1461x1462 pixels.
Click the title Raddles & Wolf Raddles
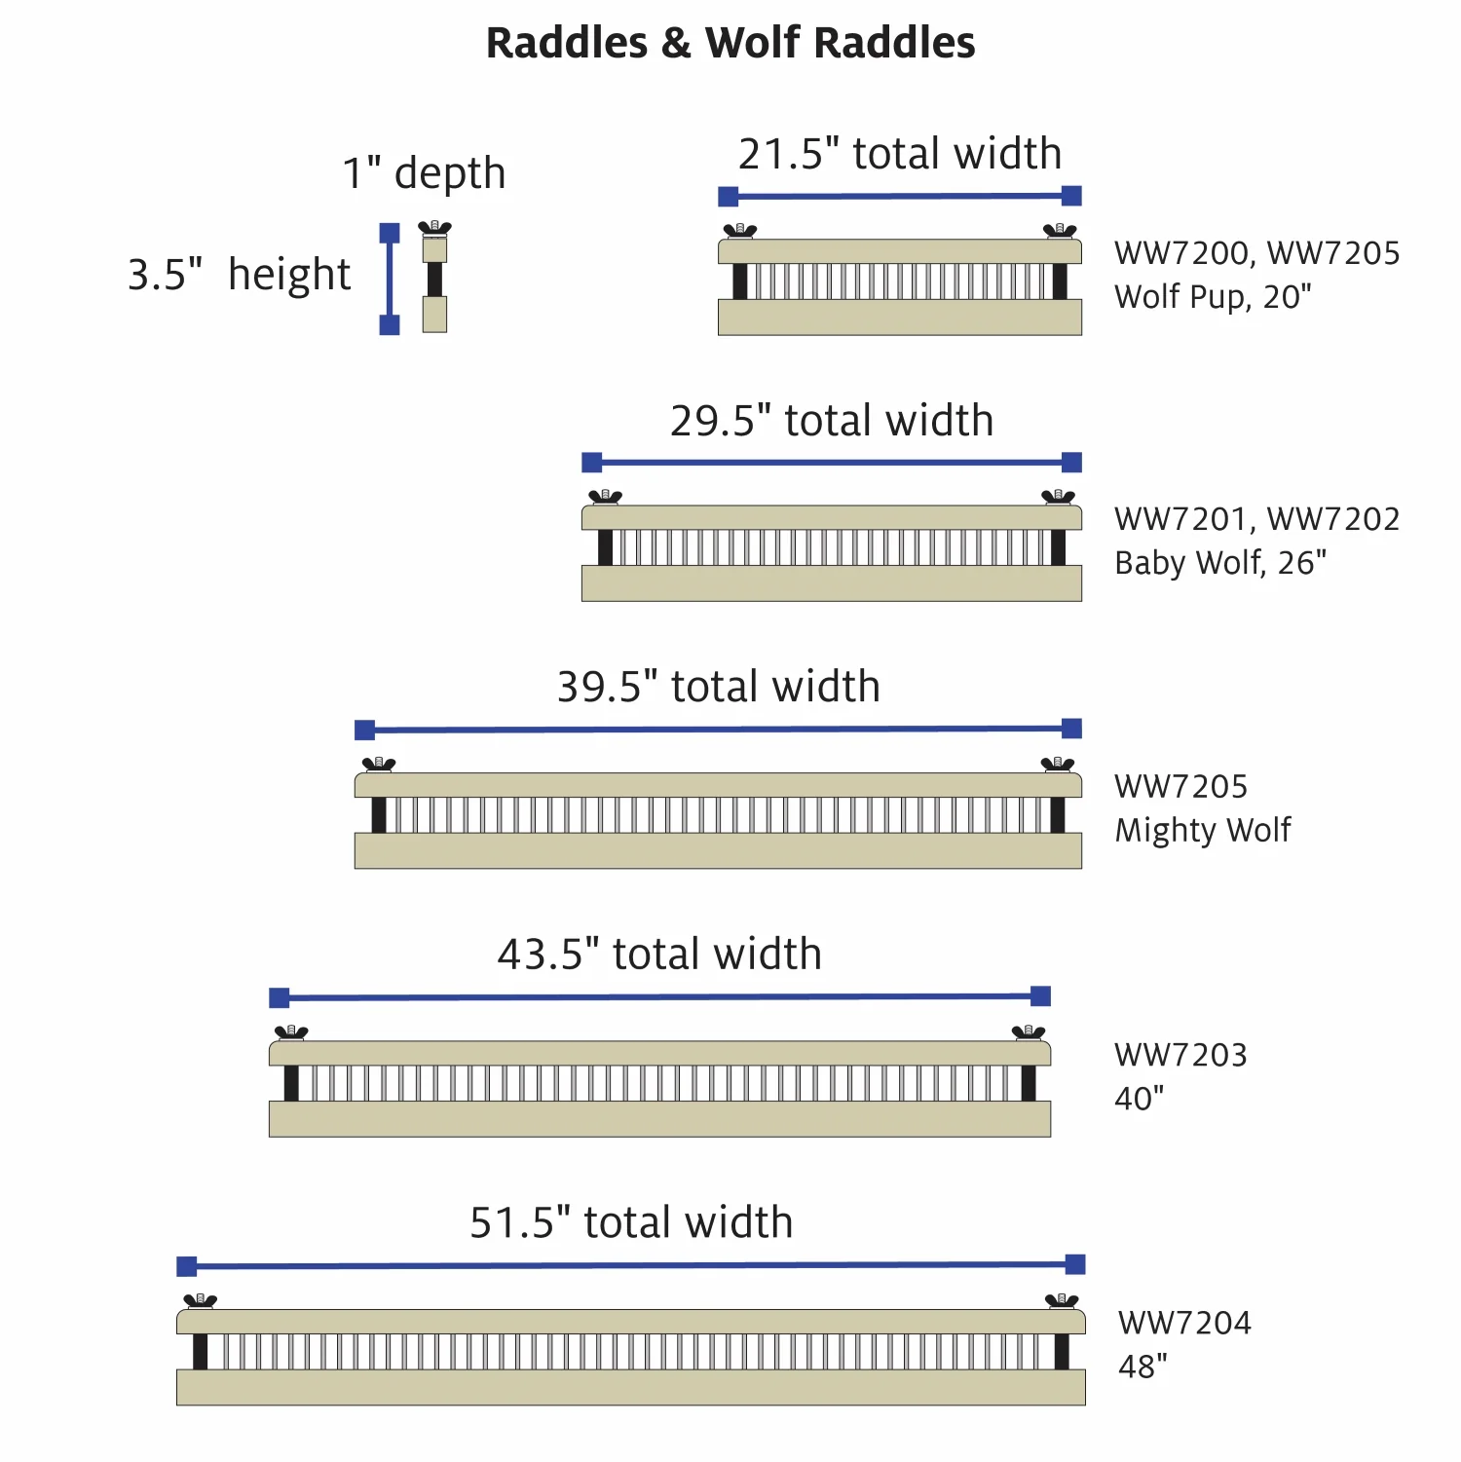click(x=730, y=43)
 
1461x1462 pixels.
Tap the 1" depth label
click(x=424, y=173)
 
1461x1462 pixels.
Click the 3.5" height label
click(x=239, y=275)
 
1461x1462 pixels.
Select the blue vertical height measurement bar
click(x=390, y=279)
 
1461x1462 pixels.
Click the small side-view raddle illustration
click(x=434, y=278)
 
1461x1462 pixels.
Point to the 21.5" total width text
click(x=900, y=154)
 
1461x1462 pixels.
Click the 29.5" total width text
click(x=832, y=421)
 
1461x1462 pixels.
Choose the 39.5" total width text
click(x=719, y=687)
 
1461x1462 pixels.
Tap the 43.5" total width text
click(x=659, y=954)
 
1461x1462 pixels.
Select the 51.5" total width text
click(x=631, y=1222)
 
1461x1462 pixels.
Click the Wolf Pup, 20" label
click(x=1213, y=297)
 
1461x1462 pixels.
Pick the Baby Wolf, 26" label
click(x=1220, y=563)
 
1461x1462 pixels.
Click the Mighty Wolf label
click(x=1203, y=830)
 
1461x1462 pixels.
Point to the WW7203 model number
click(x=1180, y=1055)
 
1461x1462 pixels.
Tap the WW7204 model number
click(x=1184, y=1323)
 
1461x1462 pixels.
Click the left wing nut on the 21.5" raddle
click(x=740, y=231)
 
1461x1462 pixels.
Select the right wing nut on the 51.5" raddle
click(x=1062, y=1300)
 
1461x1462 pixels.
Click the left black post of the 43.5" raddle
click(x=291, y=1083)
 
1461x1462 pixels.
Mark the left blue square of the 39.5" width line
click(x=365, y=731)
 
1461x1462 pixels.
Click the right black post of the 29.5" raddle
click(x=1059, y=547)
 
